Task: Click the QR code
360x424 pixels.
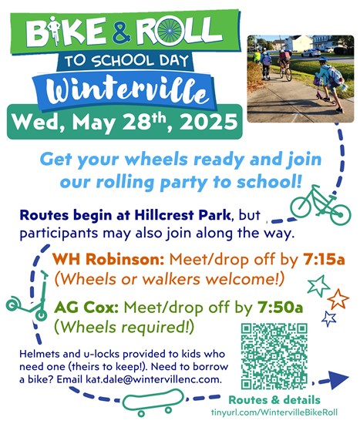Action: click(274, 356)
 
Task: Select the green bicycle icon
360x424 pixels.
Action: click(321, 205)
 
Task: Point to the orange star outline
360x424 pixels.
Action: click(338, 299)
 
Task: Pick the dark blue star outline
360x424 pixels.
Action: click(329, 318)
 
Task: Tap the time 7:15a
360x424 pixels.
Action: click(324, 260)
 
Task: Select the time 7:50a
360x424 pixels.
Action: click(280, 308)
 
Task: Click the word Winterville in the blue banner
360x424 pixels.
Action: click(125, 91)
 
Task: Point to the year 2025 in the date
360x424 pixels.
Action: click(208, 123)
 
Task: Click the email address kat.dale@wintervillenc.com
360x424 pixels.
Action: click(153, 379)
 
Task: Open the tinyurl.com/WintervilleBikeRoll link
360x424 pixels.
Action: click(274, 412)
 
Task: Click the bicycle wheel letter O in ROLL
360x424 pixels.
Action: click(170, 31)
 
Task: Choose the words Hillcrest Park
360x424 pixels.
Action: click(182, 215)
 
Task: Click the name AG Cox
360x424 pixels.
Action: click(86, 308)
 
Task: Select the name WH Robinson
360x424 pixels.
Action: click(109, 260)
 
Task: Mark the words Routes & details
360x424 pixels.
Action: click(274, 400)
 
